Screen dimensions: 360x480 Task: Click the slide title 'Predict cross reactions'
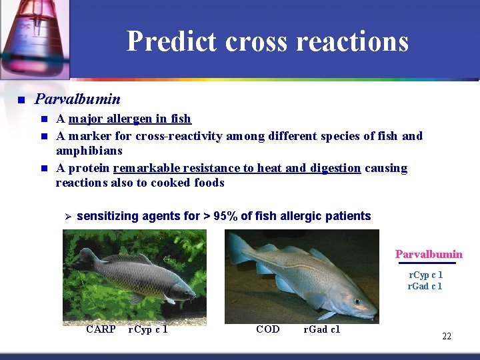pyautogui.click(x=267, y=41)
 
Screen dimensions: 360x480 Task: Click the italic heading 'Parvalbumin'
pyautogui.click(x=77, y=99)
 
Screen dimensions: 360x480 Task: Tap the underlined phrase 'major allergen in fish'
pyautogui.click(x=129, y=119)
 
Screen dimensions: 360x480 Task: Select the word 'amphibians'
pyautogui.click(x=89, y=151)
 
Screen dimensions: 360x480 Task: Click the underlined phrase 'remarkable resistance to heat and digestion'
pyautogui.click(x=237, y=167)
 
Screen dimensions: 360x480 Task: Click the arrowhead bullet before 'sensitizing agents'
pyautogui.click(x=66, y=216)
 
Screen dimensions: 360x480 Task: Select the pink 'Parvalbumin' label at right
pyautogui.click(x=429, y=254)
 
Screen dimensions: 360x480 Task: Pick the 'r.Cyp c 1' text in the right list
pyautogui.click(x=425, y=275)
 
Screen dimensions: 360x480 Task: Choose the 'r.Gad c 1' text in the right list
pyautogui.click(x=425, y=286)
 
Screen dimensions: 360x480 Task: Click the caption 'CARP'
pyautogui.click(x=101, y=329)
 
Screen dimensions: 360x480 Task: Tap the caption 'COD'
pyautogui.click(x=268, y=329)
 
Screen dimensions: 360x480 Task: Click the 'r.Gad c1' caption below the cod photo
pyautogui.click(x=321, y=329)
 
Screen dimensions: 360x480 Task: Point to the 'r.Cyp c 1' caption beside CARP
pyautogui.click(x=147, y=329)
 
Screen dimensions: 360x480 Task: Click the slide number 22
pyautogui.click(x=447, y=336)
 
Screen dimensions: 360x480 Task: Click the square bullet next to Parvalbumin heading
pyautogui.click(x=21, y=100)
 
